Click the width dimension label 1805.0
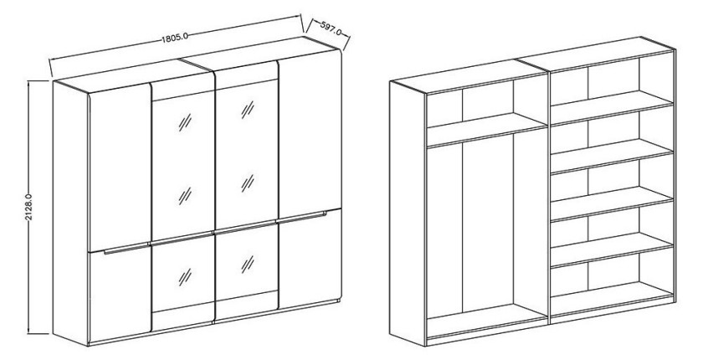[x=175, y=37]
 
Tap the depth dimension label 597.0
[x=331, y=28]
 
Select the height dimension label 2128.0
[x=28, y=208]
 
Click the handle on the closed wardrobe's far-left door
[x=126, y=249]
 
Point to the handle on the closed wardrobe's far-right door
[x=304, y=218]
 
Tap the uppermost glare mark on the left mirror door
[x=185, y=122]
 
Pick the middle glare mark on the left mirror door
[x=185, y=196]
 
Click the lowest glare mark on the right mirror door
[x=248, y=264]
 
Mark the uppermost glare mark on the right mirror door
[x=248, y=110]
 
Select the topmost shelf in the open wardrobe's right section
[x=612, y=108]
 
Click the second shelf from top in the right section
[x=612, y=156]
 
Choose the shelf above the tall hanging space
[x=487, y=130]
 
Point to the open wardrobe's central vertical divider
[x=549, y=198]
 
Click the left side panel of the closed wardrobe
[x=70, y=213]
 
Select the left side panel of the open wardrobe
[x=407, y=213]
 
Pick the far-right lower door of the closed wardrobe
[x=310, y=260]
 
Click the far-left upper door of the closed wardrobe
[x=121, y=168]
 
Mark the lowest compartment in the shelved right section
[x=612, y=281]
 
